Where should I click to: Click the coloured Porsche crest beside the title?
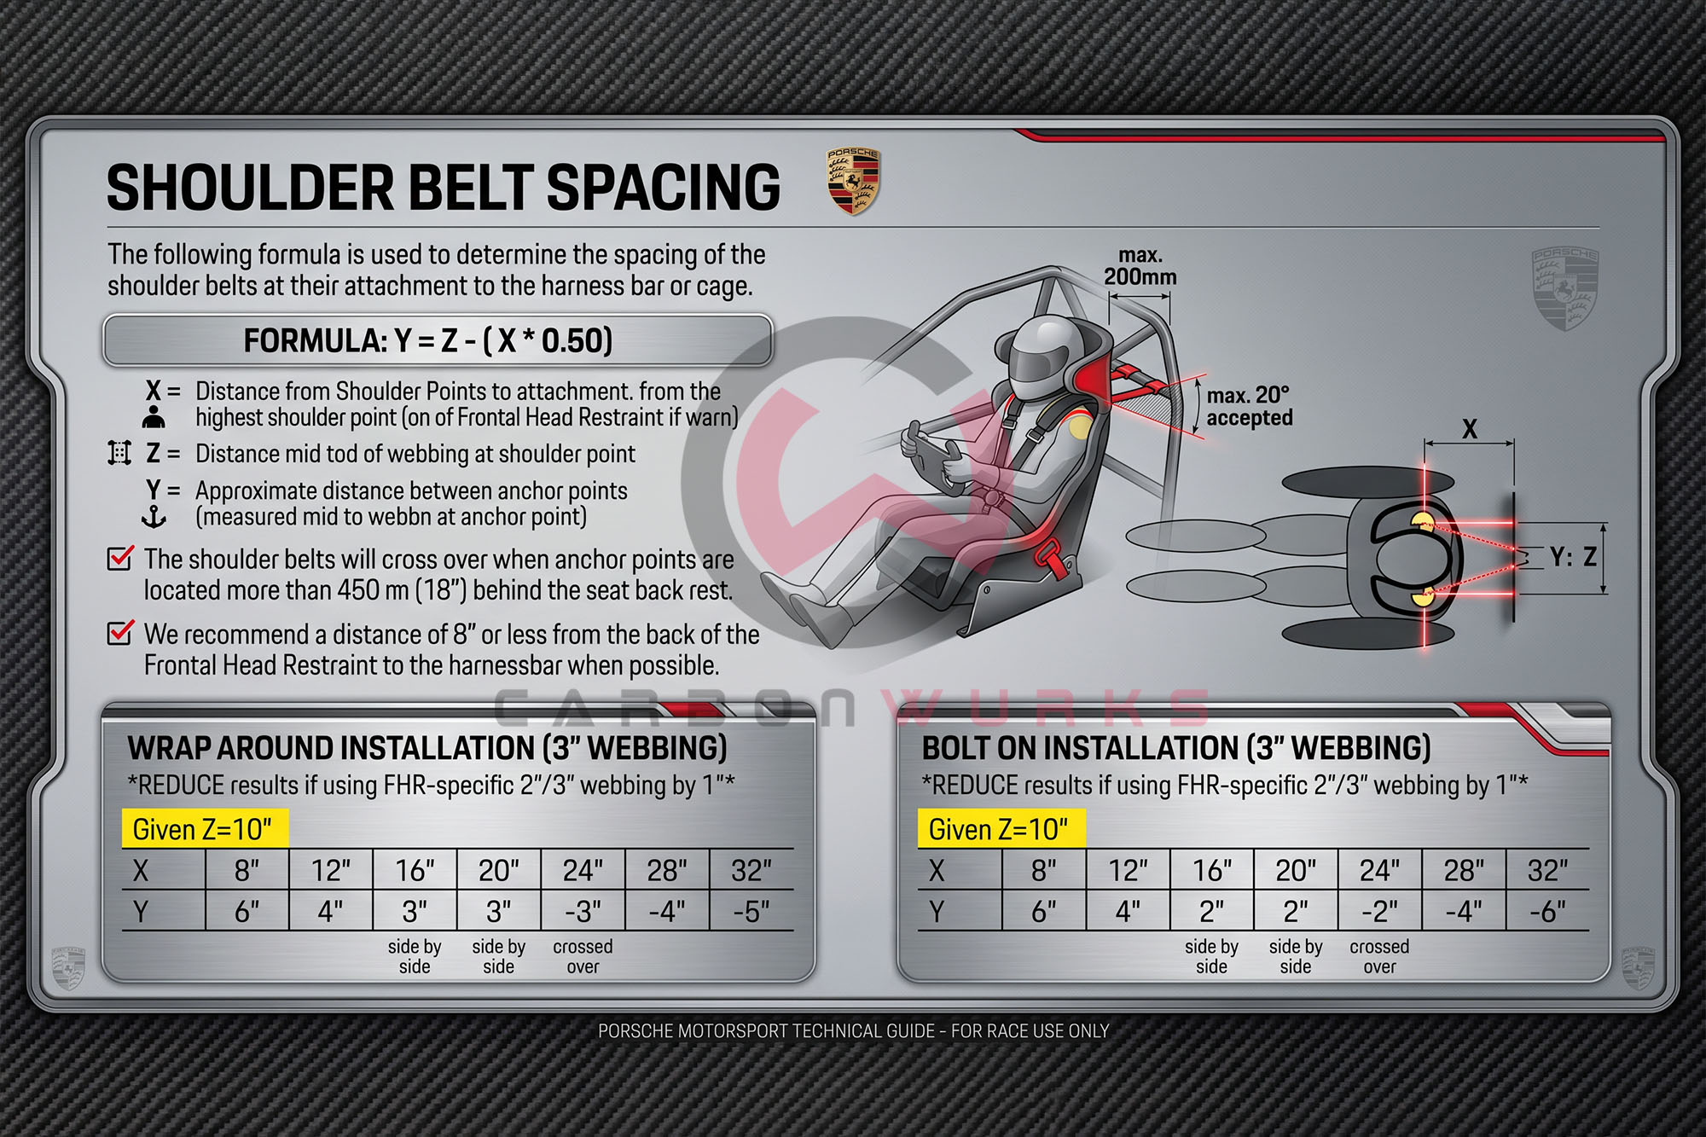853,182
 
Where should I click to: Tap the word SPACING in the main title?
664,188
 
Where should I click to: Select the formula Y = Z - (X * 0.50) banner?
438,340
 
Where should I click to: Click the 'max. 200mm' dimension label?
1140,266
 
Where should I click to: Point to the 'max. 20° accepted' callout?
1250,406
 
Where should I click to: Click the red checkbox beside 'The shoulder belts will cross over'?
120,558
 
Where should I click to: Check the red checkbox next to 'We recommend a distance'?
120,633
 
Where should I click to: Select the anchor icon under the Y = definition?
154,517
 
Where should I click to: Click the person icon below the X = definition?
154,417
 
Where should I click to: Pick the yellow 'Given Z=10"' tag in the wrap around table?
205,828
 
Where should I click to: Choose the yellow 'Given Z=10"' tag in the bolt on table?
1001,828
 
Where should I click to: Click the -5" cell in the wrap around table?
751,911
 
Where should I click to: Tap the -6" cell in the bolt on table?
1547,911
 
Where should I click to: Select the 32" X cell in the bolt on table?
1547,870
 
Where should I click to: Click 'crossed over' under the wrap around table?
583,956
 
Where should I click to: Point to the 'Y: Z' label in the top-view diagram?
1574,557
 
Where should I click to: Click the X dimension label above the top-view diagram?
1469,428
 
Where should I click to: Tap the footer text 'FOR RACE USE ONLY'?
1030,1030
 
